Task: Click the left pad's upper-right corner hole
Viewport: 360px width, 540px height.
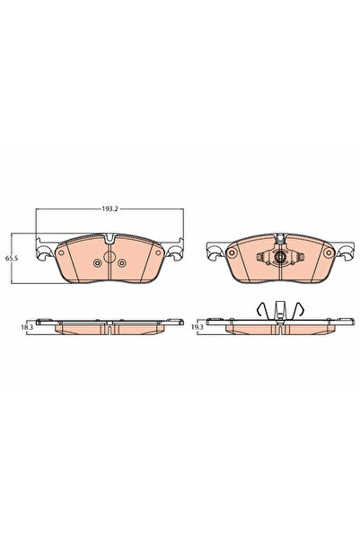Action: click(x=155, y=253)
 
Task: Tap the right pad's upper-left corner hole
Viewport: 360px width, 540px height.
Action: click(x=230, y=252)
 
